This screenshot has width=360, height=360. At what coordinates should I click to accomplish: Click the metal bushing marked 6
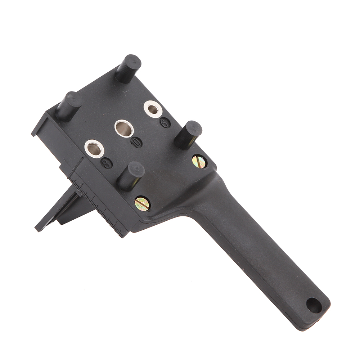point(153,109)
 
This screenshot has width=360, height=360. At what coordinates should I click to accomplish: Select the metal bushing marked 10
point(124,129)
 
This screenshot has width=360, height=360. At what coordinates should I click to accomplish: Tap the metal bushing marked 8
point(94,149)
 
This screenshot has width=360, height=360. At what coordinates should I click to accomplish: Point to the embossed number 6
point(165,123)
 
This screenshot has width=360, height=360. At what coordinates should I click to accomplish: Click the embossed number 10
point(136,142)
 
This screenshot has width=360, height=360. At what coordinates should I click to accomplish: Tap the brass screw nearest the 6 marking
point(199,162)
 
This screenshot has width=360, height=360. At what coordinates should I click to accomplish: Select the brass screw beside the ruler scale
point(142,204)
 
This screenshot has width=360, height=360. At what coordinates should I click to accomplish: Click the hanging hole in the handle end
point(314,305)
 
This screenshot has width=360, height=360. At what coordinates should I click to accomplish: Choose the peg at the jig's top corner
point(128,68)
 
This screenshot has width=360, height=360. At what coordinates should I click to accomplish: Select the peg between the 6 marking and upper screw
point(188,135)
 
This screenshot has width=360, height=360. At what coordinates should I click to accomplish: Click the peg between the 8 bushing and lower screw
point(131,176)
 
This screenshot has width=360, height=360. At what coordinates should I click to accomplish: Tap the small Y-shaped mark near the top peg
point(125,92)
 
